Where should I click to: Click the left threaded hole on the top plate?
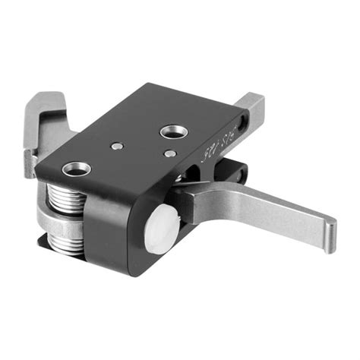(77, 168)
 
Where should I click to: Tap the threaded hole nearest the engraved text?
(172, 132)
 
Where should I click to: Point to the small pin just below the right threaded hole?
(169, 153)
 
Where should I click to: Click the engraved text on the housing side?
(217, 145)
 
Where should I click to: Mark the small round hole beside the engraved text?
(242, 122)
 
